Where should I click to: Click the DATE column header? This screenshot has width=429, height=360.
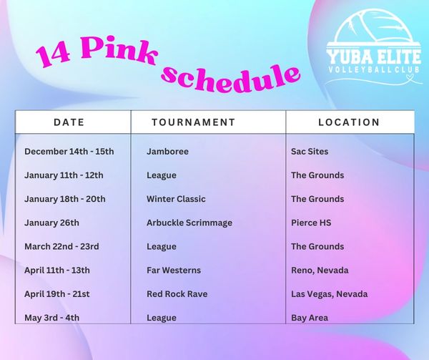click(69, 122)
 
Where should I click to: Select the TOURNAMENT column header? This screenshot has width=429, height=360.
click(194, 122)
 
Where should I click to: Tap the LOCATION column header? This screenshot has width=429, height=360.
click(349, 122)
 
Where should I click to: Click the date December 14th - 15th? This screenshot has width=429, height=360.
click(69, 152)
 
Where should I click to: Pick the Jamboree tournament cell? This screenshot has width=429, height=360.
click(167, 152)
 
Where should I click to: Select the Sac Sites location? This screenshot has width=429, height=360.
click(310, 152)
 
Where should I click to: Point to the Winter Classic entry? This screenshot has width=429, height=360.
click(176, 199)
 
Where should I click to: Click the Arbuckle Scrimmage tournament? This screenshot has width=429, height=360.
click(189, 223)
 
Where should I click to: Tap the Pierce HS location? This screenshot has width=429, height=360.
click(311, 223)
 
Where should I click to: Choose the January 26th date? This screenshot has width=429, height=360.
click(51, 223)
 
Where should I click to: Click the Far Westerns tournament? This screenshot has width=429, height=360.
click(174, 271)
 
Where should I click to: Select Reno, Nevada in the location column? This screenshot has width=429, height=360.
click(320, 271)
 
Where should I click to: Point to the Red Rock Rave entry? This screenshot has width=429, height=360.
click(177, 294)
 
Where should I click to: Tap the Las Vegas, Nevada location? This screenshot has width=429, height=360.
click(330, 294)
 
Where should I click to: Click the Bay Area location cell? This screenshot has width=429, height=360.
click(310, 318)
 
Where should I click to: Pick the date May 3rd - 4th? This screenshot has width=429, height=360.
click(51, 318)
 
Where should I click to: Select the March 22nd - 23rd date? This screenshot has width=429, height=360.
click(61, 246)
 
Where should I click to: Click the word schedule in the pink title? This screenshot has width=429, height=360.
click(230, 78)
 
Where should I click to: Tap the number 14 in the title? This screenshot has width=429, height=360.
click(54, 56)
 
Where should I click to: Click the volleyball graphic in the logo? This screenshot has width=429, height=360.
click(374, 26)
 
